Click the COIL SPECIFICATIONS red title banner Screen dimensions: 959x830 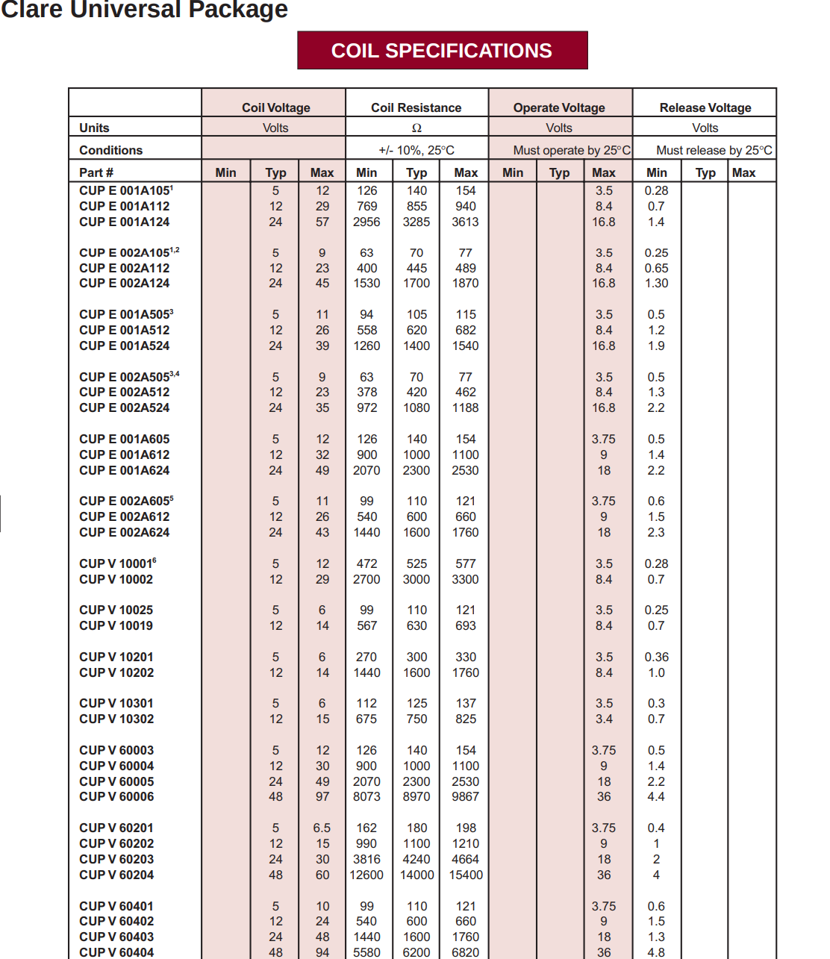(x=442, y=51)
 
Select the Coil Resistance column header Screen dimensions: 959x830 (x=416, y=107)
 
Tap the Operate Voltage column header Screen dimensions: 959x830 (x=559, y=107)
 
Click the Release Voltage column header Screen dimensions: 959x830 (x=705, y=107)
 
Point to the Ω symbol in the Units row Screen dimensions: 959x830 (x=416, y=128)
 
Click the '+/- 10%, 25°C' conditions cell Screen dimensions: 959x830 (x=416, y=150)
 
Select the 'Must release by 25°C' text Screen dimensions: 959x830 (x=714, y=150)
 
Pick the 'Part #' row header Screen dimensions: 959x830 (x=96, y=172)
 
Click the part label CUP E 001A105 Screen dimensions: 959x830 (x=125, y=190)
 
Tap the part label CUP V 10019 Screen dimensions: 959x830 (x=116, y=625)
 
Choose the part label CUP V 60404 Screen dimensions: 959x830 (x=116, y=952)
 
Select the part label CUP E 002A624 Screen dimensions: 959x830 (x=124, y=532)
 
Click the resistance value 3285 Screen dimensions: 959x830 (x=416, y=222)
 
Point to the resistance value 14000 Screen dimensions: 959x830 (x=416, y=875)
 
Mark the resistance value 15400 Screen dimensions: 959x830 (x=466, y=875)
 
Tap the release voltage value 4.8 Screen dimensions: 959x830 (x=656, y=952)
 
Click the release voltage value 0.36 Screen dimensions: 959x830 (x=657, y=657)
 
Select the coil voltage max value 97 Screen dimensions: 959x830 (x=322, y=796)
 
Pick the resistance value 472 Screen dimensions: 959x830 (x=366, y=563)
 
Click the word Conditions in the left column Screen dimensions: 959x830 (x=110, y=150)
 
